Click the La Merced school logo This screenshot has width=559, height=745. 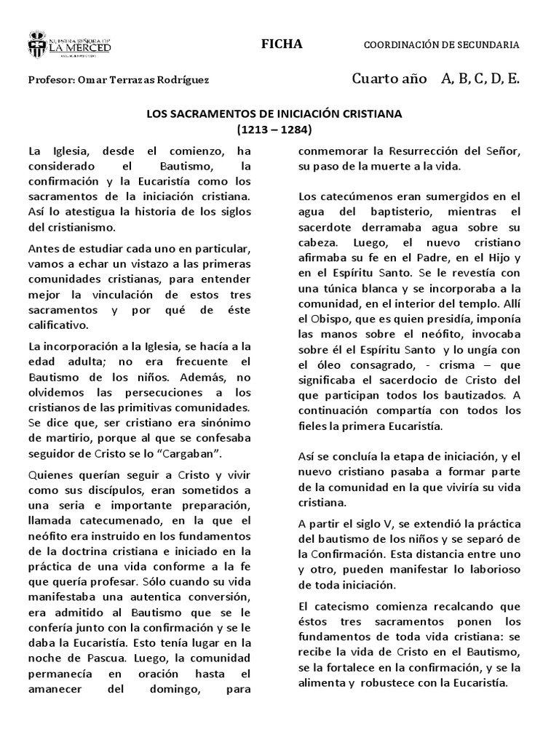click(x=70, y=44)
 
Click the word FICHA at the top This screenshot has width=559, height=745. click(x=282, y=44)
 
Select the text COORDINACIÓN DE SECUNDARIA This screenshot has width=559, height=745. click(x=441, y=45)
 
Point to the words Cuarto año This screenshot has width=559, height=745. click(x=389, y=79)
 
